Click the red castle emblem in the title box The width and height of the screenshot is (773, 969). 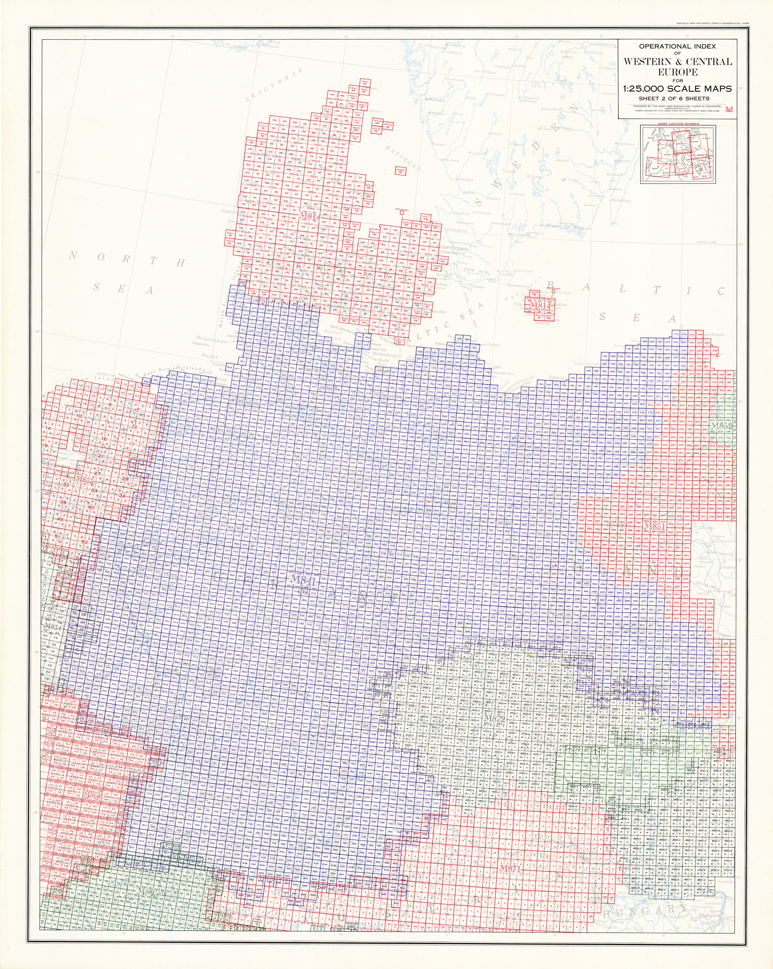click(729, 110)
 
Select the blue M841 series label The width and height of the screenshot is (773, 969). click(303, 579)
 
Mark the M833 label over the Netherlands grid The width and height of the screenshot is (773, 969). click(83, 481)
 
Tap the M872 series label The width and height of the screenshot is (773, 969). click(494, 719)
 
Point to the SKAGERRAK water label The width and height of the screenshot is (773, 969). click(264, 90)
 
